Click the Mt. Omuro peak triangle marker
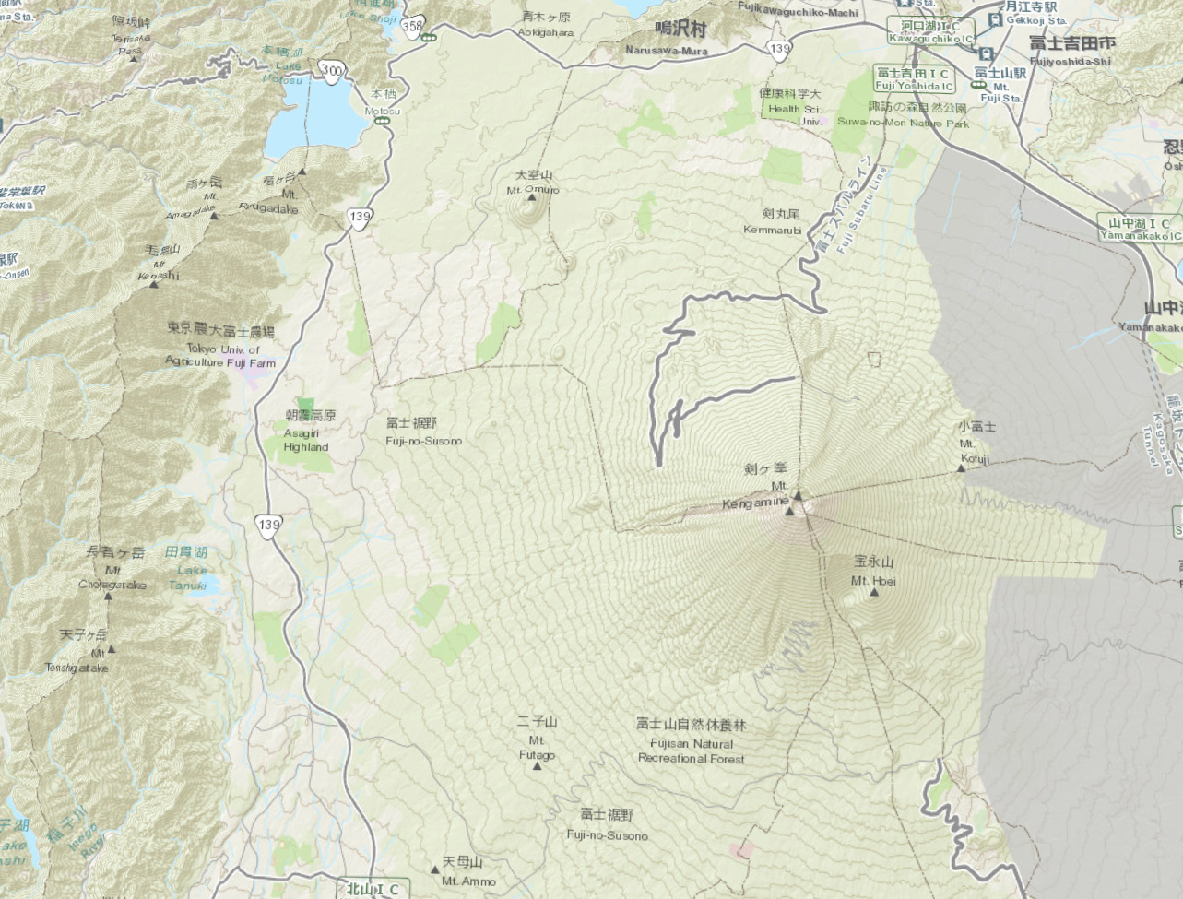click(x=531, y=195)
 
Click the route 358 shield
click(x=414, y=27)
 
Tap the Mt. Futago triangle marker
click(x=538, y=764)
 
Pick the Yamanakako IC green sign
click(x=1139, y=229)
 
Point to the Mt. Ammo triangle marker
click(x=435, y=869)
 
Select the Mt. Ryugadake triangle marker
click(x=302, y=172)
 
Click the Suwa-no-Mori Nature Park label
click(x=903, y=115)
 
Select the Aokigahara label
click(x=547, y=24)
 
